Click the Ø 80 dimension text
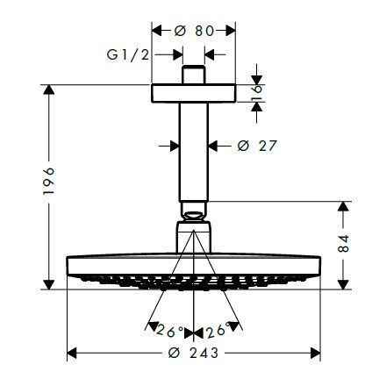point(194,30)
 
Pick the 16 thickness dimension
point(256,94)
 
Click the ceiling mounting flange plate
point(194,94)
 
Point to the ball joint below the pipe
point(194,213)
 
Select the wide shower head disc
point(194,266)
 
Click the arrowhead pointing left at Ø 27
point(214,145)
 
